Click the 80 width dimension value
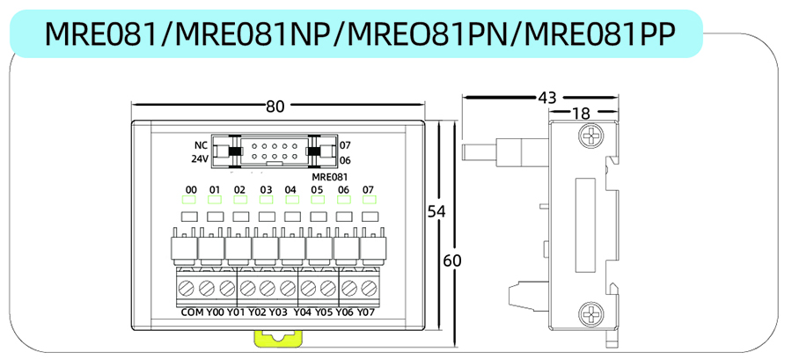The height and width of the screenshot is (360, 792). pos(275,107)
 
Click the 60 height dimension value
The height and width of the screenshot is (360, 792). pos(452,261)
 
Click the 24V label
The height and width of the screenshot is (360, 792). pos(200,159)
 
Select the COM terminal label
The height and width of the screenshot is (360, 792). pos(191,312)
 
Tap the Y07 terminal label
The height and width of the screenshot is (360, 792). pos(367,312)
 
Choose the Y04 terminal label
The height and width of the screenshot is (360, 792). pos(303,312)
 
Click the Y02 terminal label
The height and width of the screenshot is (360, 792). pos(257,312)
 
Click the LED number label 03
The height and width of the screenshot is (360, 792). pos(266,189)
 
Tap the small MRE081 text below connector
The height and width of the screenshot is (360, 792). pos(329,177)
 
